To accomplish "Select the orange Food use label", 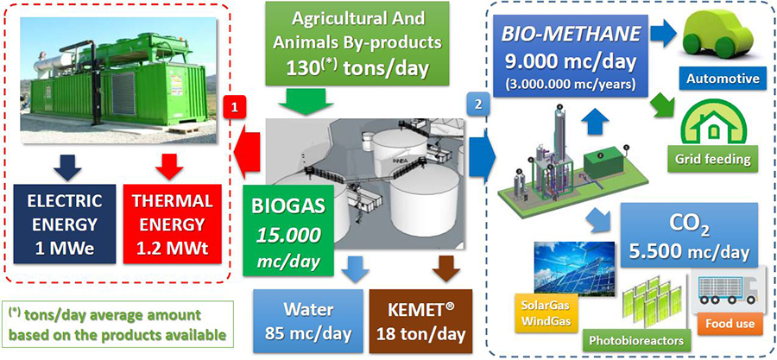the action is tap(730, 325).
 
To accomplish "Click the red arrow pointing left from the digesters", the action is tap(247, 152).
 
